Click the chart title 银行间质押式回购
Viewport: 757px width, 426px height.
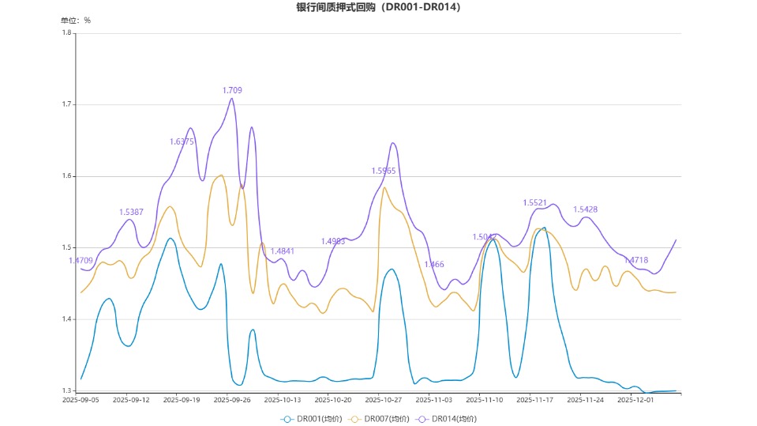tap(378, 7)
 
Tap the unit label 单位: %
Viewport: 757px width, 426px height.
tap(76, 21)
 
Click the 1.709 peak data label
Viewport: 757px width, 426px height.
tap(232, 91)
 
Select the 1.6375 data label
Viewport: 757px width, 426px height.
tap(182, 141)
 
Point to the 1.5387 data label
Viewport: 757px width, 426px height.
tap(131, 212)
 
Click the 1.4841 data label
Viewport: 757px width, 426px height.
tap(283, 251)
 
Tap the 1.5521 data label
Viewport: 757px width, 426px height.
tap(535, 203)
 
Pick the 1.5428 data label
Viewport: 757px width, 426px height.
tap(585, 209)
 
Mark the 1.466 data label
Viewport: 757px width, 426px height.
tap(434, 265)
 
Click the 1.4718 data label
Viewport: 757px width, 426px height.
tap(635, 260)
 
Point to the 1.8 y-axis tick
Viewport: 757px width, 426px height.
tap(67, 32)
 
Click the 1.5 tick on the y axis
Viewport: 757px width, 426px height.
tap(67, 247)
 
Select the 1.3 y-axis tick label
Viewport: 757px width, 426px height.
tap(67, 391)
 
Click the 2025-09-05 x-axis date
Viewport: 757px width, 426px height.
tap(81, 400)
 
